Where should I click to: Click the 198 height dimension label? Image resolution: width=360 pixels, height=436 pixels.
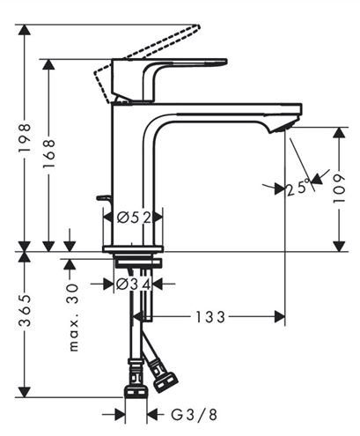[25, 137]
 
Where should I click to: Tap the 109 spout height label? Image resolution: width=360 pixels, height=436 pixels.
[339, 188]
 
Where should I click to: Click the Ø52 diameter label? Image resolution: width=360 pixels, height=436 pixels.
[134, 218]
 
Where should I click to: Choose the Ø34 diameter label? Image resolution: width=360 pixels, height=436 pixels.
[134, 285]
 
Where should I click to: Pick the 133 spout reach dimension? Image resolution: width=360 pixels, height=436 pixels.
[210, 317]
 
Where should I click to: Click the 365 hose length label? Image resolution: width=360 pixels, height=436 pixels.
[25, 310]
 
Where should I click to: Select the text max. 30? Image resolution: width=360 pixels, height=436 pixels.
[74, 317]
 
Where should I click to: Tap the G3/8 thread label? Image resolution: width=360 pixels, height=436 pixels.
[194, 415]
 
